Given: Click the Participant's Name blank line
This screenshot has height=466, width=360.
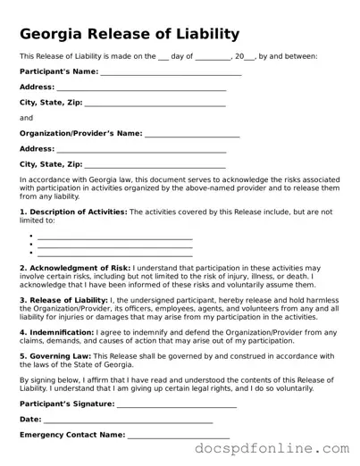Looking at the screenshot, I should [171, 73].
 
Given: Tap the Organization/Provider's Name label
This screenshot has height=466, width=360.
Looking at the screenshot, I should [80, 133].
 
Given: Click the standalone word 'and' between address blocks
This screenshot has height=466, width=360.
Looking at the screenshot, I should [26, 118].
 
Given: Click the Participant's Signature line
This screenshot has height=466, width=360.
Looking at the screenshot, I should [177, 405].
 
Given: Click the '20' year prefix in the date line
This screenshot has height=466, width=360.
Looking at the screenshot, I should [239, 56].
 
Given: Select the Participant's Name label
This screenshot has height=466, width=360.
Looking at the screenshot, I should [59, 71].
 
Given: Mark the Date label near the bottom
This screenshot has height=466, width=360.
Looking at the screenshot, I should [30, 419].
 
